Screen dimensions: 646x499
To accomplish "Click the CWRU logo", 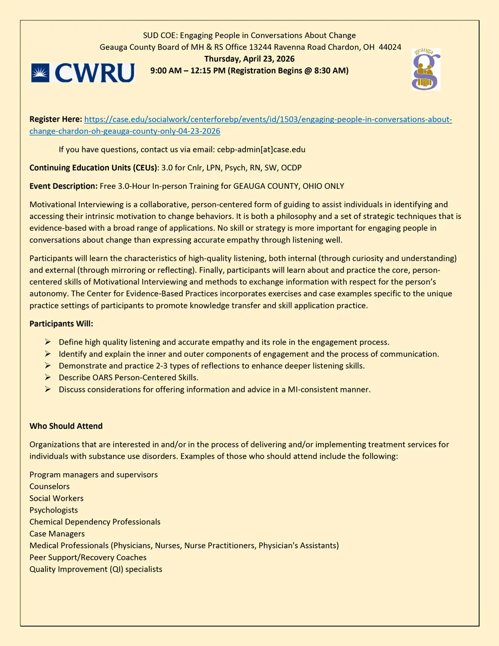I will [83, 73].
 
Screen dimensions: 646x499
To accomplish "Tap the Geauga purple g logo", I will [426, 70].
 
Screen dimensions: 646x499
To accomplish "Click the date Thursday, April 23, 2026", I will [249, 59].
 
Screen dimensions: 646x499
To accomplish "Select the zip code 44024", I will [390, 47].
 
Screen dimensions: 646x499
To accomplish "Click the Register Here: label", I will [55, 119].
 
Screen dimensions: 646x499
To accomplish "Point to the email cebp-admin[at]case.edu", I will [261, 149].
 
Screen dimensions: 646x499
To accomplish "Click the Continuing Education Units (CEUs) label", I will [93, 168].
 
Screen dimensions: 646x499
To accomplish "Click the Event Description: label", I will [63, 186].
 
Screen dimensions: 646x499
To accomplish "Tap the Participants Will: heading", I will [61, 323].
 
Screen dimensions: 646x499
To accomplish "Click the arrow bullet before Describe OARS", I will [48, 377].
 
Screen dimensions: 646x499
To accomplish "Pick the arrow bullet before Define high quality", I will [48, 342].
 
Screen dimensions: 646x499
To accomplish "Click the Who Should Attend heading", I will [66, 426].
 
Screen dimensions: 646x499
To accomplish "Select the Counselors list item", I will [49, 486].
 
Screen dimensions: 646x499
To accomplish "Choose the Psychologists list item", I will [53, 510].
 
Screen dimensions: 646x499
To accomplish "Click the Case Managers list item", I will [57, 534].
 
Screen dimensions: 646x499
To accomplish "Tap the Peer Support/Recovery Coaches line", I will [88, 557].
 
